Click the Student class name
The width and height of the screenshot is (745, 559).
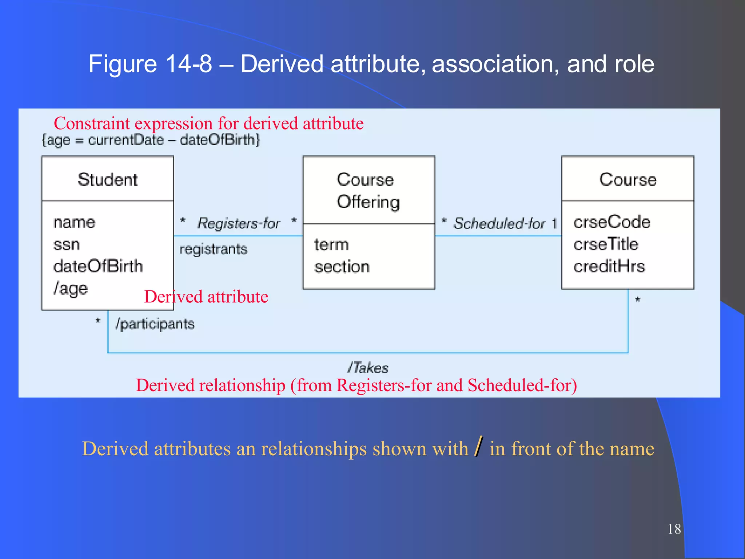point(108,179)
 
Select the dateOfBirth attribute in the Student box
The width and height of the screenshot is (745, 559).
point(98,266)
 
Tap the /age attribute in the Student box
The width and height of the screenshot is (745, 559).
point(71,289)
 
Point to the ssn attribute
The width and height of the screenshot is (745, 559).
point(67,245)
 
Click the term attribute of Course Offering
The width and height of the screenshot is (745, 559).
point(331,245)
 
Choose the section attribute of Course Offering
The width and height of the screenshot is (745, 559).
point(342,267)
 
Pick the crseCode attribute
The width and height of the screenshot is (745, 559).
point(612,222)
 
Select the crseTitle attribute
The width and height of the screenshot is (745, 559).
point(606,244)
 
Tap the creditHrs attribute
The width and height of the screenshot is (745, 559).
point(609,266)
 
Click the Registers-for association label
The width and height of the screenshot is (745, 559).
point(239,223)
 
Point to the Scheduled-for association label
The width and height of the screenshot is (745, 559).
point(499,223)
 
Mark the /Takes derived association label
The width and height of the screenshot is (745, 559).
point(368,368)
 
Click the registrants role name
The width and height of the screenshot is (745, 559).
point(213,249)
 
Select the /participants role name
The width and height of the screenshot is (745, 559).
point(155,324)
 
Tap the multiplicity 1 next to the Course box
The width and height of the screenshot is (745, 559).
point(554,223)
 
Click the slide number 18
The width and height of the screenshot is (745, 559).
point(674,529)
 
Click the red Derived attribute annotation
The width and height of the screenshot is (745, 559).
point(206,297)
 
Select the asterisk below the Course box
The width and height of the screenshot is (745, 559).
point(637,300)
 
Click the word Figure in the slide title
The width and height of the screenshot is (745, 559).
point(123,64)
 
